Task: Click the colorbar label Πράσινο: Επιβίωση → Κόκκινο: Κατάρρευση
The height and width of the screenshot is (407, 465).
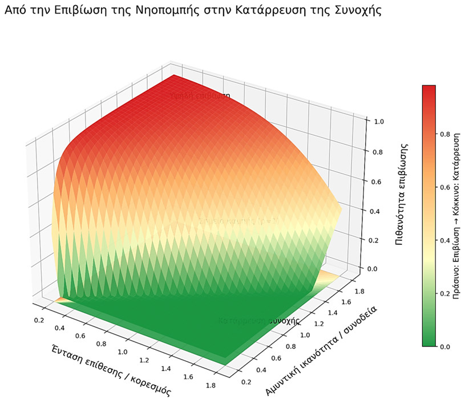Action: pyautogui.click(x=456, y=216)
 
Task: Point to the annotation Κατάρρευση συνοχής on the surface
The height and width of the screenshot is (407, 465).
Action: pyautogui.click(x=259, y=321)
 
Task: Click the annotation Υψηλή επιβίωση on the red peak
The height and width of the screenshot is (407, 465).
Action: pyautogui.click(x=200, y=95)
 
